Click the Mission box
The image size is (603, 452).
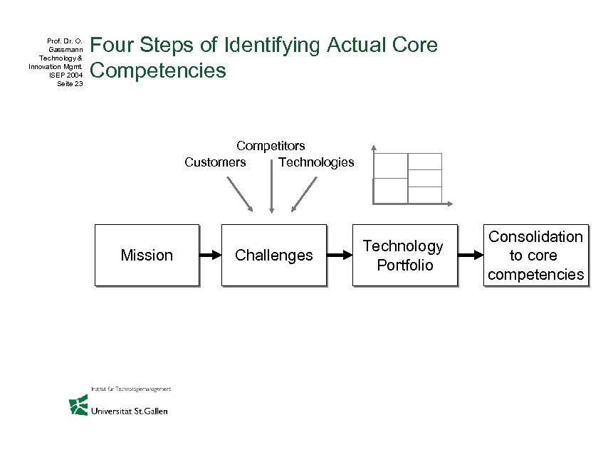(x=147, y=255)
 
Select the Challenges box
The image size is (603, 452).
(x=273, y=255)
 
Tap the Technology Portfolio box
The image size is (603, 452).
(x=404, y=255)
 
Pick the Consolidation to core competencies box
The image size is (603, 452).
(x=535, y=255)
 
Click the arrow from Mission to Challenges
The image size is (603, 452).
(x=209, y=255)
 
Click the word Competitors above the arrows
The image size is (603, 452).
(x=271, y=146)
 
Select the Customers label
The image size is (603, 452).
(x=215, y=162)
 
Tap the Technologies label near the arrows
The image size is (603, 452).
(x=316, y=162)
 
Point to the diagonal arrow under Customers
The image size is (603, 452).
(x=238, y=193)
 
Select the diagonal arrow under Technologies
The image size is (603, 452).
(x=305, y=193)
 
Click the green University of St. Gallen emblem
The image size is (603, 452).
(x=78, y=405)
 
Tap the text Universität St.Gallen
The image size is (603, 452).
(x=129, y=411)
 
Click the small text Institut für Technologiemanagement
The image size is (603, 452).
(x=130, y=389)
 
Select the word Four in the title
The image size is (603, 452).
(x=113, y=46)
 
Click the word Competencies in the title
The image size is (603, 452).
(x=158, y=71)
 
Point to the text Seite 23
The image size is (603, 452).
(x=70, y=83)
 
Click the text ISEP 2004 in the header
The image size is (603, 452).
(x=69, y=75)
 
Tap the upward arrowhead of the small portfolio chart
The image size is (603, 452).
(x=373, y=148)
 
